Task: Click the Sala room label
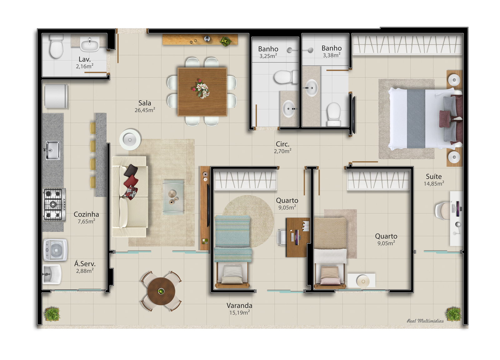pos(145,103)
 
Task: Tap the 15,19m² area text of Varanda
pos(239,312)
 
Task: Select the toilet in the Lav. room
pos(56,46)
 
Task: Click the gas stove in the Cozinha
pos(54,205)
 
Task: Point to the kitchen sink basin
pos(53,150)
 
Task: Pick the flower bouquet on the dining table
pos(201,89)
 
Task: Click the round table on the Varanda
pos(161,291)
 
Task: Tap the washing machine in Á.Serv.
pos(55,250)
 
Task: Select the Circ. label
pos(282,144)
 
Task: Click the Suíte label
pos(434,176)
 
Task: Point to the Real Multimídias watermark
pos(425,321)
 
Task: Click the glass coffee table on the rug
pos(173,197)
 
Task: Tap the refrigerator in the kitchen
pos(56,96)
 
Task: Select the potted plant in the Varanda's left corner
pos(52,314)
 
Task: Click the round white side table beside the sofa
pos(130,140)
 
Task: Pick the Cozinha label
pos(86,214)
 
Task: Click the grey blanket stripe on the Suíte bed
pos(416,119)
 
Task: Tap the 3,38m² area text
pos(332,55)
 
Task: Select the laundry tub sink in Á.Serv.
pos(52,274)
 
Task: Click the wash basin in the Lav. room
pos(90,44)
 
